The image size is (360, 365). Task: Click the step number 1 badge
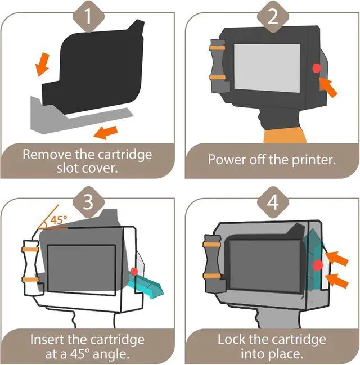88,17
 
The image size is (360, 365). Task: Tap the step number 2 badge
273,17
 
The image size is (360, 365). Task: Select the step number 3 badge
88,202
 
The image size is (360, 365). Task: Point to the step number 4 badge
273,202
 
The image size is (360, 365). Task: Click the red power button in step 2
317,68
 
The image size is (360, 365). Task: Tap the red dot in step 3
134,272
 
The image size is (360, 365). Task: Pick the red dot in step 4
318,265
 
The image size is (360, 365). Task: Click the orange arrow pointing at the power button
328,87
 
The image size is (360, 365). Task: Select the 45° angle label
58,219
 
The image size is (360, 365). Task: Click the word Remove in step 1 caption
48,154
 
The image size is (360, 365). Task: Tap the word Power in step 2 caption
228,160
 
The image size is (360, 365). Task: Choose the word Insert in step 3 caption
48,340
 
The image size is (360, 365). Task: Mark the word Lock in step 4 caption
232,339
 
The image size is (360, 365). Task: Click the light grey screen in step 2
267,68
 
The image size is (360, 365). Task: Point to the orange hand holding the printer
285,136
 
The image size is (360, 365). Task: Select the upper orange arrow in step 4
336,258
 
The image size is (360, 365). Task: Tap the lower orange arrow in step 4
336,281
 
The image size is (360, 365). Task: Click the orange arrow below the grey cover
106,133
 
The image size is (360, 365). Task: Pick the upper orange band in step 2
218,48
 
